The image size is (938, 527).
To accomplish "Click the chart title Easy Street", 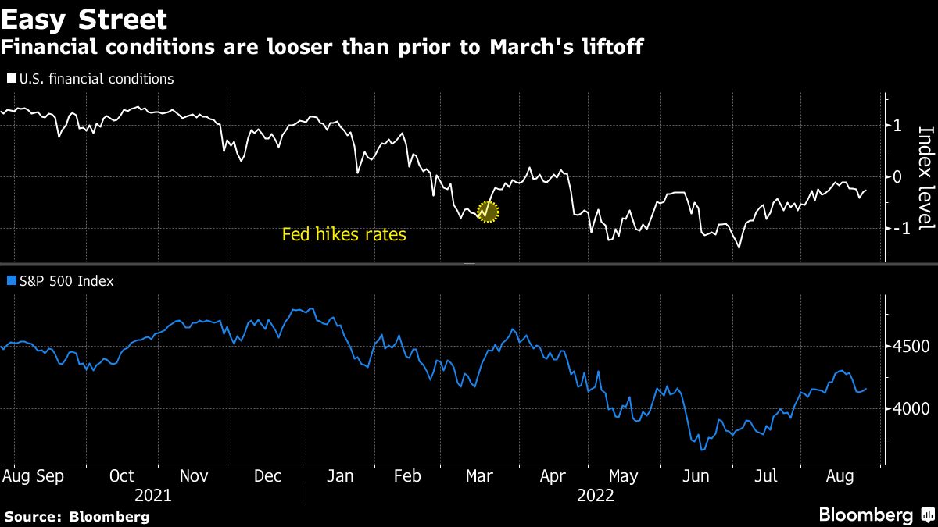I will click(84, 20).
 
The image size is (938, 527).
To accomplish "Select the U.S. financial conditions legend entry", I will click(91, 79).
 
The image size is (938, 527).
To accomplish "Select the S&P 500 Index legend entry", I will click(60, 281).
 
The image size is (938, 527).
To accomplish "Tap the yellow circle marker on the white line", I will click(487, 211).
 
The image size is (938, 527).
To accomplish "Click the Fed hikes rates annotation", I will click(344, 234).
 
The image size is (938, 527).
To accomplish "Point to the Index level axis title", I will click(925, 178).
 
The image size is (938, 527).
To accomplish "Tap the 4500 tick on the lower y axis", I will click(907, 347).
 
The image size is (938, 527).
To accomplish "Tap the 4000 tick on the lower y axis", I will click(907, 408).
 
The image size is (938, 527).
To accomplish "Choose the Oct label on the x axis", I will click(122, 476).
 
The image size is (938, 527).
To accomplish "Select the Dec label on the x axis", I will click(267, 476).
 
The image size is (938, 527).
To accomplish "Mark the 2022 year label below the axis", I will click(595, 496).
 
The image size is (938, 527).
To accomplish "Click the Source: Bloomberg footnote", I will click(77, 516).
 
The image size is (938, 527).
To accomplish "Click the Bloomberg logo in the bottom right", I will click(875, 515).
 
